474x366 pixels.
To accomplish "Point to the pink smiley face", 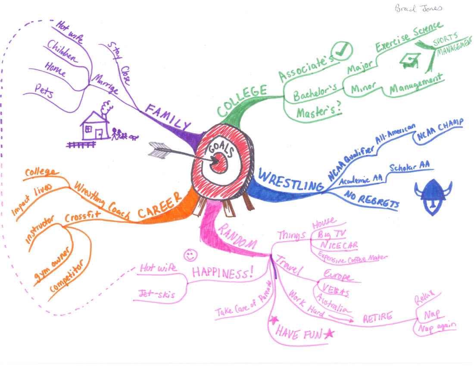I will [x=189, y=255].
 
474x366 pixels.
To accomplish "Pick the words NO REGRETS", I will [x=371, y=201].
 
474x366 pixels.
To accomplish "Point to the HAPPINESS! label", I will [x=221, y=272].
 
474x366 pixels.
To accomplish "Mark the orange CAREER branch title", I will [x=160, y=206].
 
